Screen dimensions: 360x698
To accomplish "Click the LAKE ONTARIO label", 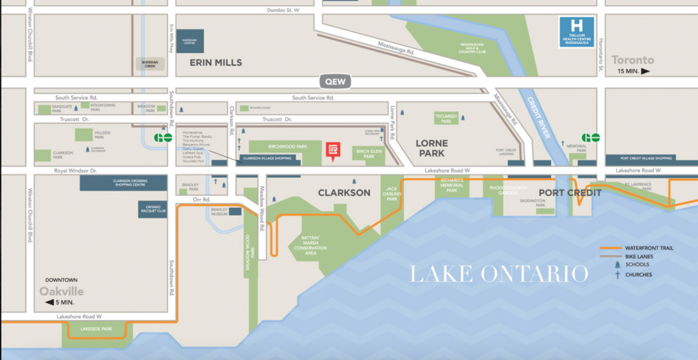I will [499, 273].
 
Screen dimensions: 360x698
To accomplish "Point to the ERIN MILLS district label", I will [215, 62].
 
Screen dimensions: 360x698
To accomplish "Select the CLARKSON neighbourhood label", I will [344, 192].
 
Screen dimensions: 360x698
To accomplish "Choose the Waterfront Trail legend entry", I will [637, 248].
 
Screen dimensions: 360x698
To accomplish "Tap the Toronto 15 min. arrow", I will [645, 71].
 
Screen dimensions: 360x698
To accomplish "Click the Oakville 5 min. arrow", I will [49, 302].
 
